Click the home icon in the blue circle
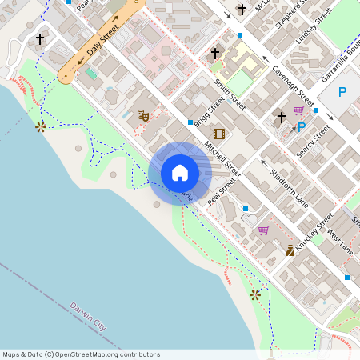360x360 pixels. (180, 173)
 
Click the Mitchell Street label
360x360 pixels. (222, 159)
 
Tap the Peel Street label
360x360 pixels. (222, 193)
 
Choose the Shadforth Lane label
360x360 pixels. (289, 189)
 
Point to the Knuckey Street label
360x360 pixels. (314, 233)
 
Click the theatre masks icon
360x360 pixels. (143, 116)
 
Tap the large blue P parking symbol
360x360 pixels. (342, 92)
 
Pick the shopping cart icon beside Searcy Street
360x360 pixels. (298, 110)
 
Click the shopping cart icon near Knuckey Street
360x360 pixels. (263, 230)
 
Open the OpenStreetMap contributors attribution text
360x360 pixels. (81, 354)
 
